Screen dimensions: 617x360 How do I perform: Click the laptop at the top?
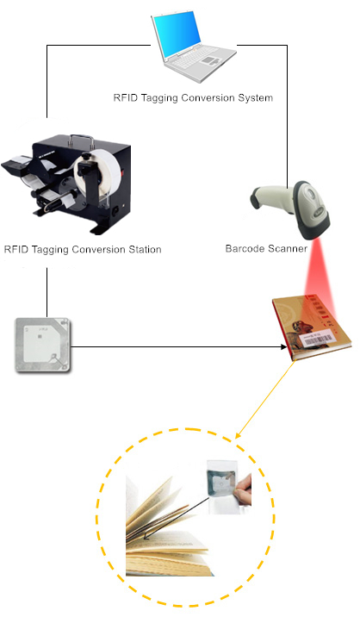pyautogui.click(x=193, y=47)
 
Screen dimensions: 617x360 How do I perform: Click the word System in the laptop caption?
pyautogui.click(x=254, y=97)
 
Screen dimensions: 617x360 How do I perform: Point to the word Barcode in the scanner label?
pyautogui.click(x=245, y=249)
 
